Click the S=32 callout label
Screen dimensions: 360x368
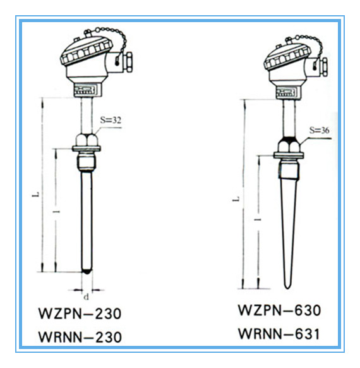pyautogui.click(x=111, y=120)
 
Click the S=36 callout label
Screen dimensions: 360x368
pyautogui.click(x=319, y=130)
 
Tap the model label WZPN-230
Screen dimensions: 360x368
pyautogui.click(x=80, y=314)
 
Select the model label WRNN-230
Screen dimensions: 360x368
pyautogui.click(x=80, y=337)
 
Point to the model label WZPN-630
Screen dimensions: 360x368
pyautogui.click(x=279, y=310)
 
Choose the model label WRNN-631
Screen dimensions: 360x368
pyautogui.click(x=279, y=333)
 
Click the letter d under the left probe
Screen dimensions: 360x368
pyautogui.click(x=87, y=297)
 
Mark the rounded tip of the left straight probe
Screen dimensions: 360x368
pyautogui.click(x=87, y=272)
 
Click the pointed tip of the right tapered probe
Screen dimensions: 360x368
pyautogui.click(x=287, y=288)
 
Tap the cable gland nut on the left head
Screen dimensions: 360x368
pyautogui.click(x=128, y=62)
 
